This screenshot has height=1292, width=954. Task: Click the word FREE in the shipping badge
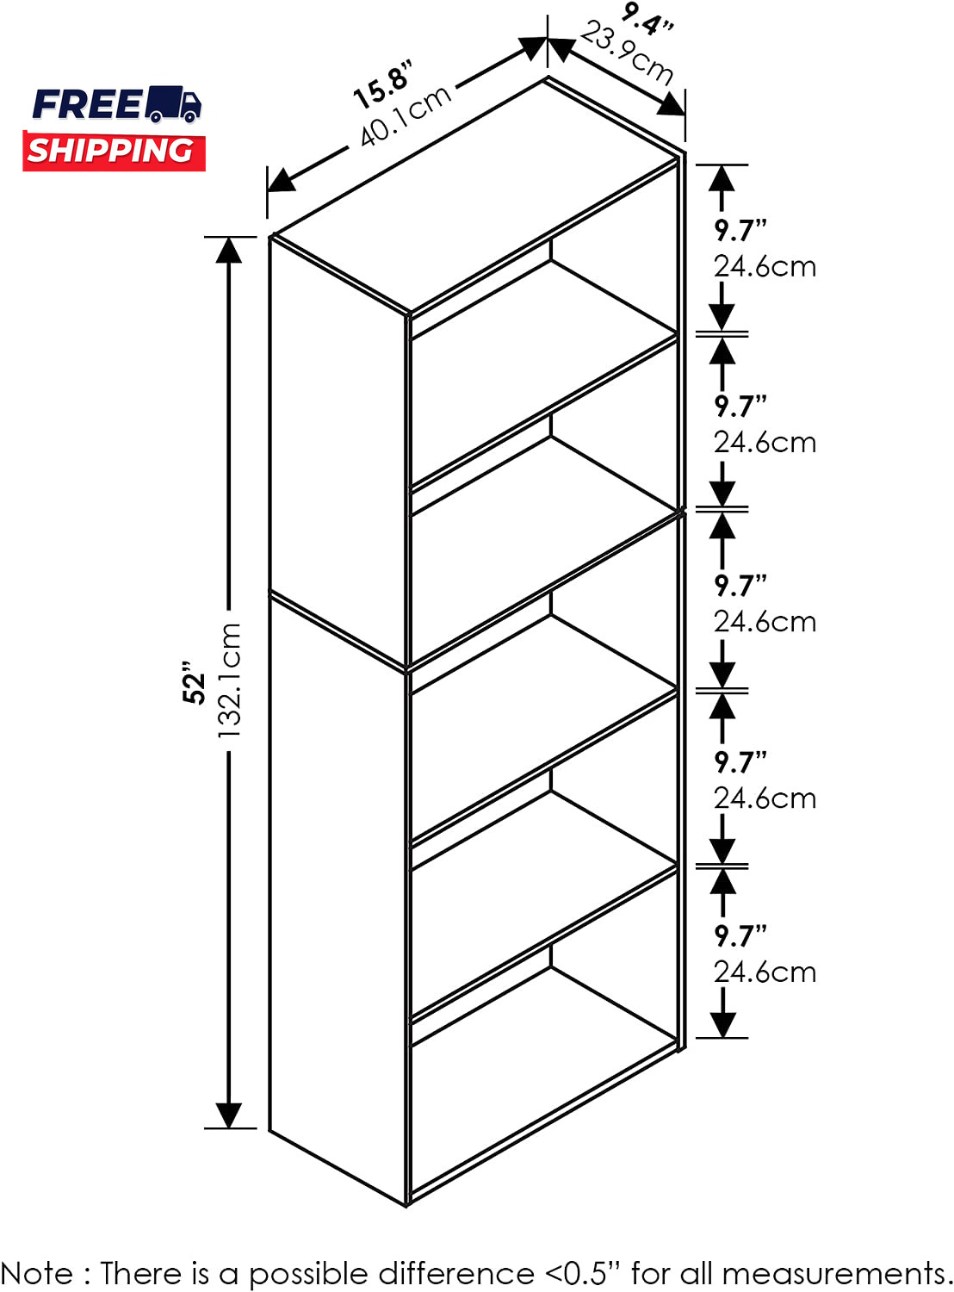87,105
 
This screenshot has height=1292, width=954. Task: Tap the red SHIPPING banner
114,150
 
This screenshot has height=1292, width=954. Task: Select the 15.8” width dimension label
384,84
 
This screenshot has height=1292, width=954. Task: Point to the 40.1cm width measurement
406,115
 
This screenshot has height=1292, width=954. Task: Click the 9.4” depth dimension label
647,18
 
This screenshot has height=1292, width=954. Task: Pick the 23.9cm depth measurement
628,53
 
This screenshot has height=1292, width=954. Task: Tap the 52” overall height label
195,682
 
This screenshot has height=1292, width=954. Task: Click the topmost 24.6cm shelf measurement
765,267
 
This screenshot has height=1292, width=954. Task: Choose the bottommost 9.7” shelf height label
740,936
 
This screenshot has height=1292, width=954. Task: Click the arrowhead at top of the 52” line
229,251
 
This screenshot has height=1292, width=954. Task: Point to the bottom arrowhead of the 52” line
229,1115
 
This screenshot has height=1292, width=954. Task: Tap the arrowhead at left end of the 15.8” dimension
281,180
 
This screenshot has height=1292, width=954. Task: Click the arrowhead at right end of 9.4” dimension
672,105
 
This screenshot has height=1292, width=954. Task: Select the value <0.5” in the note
583,1272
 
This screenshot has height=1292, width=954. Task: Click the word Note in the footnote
37,1273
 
